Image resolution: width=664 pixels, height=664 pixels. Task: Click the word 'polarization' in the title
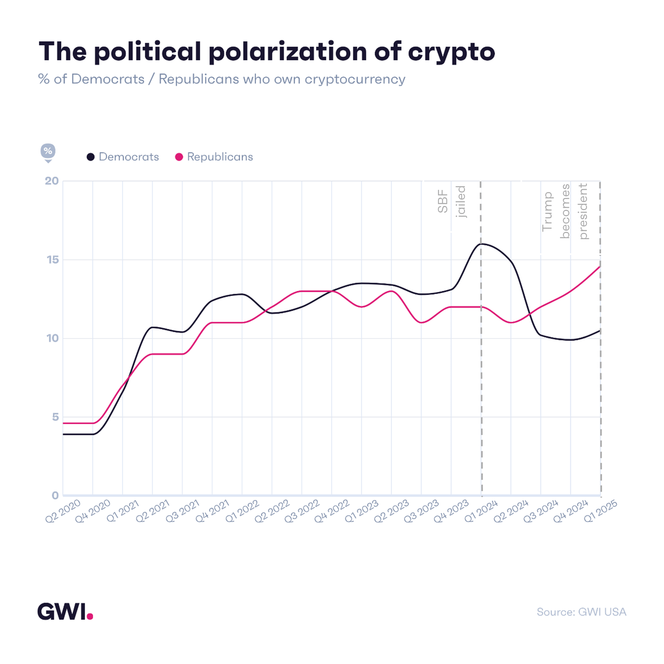point(288,52)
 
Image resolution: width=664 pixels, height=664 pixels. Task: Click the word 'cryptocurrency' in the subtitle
point(355,79)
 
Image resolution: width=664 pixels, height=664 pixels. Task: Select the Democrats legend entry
point(123,157)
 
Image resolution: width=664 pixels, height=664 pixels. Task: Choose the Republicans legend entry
point(214,157)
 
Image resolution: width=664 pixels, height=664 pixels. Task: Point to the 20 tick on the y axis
point(52,181)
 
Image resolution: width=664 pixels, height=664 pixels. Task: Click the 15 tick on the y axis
point(53,260)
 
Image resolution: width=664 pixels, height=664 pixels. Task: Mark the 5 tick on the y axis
point(55,417)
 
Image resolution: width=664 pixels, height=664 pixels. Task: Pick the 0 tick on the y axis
point(55,496)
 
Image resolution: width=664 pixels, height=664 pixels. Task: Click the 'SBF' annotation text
point(443,201)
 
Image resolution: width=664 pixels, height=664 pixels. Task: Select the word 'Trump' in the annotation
point(547,212)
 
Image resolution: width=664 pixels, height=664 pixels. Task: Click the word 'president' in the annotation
point(583,211)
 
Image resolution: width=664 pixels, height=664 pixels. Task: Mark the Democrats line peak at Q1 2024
point(481,244)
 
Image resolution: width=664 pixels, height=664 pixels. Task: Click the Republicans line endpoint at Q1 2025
point(600,266)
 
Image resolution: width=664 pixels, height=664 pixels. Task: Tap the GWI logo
point(65,611)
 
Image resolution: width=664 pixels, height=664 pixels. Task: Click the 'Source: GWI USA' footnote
point(581,612)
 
